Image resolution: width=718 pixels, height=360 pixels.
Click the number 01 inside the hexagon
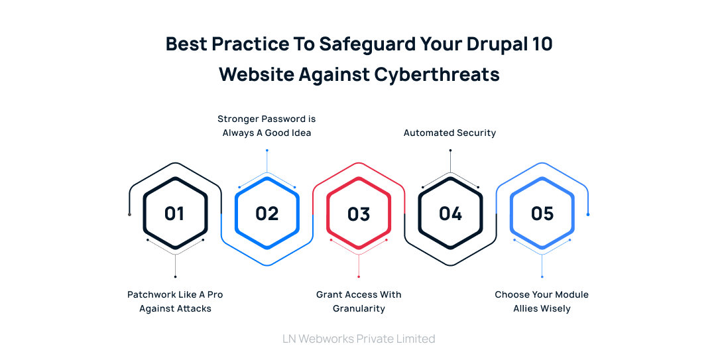coord(174,213)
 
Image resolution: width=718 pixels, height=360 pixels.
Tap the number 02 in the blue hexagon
coord(267,213)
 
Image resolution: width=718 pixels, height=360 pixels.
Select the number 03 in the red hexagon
coord(359,213)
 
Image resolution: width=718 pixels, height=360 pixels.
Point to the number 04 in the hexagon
coord(450,213)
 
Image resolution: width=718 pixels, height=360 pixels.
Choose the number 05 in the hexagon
coord(542,213)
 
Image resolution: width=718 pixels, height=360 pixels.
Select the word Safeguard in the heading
coord(367,44)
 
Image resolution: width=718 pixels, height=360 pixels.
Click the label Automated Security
coord(450,133)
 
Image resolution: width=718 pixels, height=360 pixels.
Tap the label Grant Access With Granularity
coord(359,301)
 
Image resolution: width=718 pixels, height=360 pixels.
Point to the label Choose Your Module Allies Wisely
coord(542,301)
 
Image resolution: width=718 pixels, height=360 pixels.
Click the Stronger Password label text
coord(267,126)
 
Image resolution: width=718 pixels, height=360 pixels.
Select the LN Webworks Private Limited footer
coord(359,339)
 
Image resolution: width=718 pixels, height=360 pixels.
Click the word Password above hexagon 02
coord(283,119)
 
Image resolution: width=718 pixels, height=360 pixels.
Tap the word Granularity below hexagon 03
coord(359,308)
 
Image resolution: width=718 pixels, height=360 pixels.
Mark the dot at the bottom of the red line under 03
coord(359,276)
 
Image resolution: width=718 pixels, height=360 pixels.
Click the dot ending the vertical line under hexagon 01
coord(175,276)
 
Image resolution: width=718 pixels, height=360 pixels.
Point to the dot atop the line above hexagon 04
coord(450,150)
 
